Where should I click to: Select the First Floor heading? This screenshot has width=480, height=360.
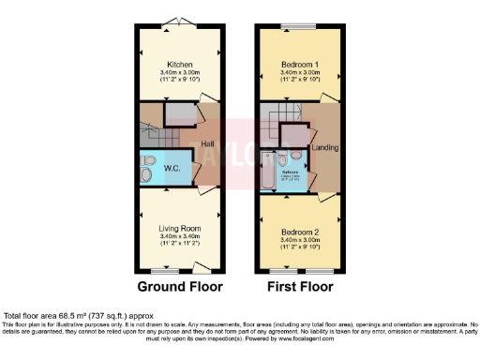tap(301, 286)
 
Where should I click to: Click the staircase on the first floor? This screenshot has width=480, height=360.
tap(281, 125)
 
